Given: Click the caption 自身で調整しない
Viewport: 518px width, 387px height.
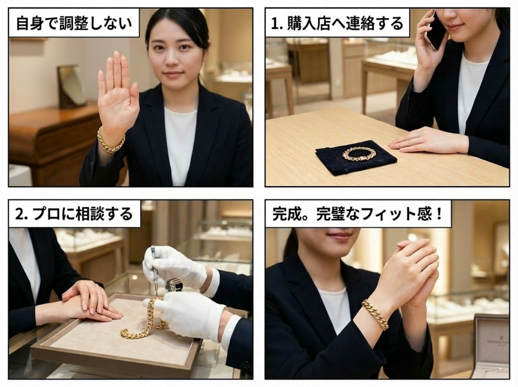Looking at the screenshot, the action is coord(74,23).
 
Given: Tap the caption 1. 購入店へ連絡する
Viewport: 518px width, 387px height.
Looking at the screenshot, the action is coord(337,23).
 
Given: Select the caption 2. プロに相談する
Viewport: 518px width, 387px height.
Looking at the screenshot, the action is coord(74,214).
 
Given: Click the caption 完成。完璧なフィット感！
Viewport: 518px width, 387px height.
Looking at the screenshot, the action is coord(358,214).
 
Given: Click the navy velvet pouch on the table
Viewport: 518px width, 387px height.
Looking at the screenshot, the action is coord(356,157).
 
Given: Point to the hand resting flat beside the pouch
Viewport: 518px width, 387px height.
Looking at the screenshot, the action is coord(426,142).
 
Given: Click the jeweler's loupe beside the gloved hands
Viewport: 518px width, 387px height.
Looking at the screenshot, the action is coord(172,285).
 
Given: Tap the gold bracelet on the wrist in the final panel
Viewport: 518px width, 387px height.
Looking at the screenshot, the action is coord(376,314).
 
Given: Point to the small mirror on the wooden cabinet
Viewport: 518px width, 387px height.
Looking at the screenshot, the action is coord(71,87).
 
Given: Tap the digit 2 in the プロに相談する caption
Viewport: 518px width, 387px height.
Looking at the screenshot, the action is coord(20,214).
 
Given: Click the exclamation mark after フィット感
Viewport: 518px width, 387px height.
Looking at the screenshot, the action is coord(439,214).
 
